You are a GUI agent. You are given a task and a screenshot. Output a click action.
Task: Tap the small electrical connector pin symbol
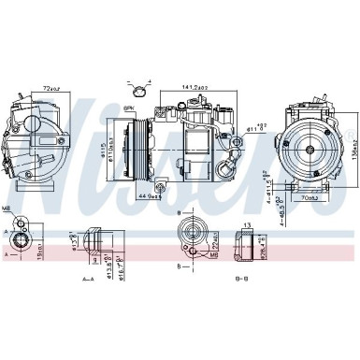[x=140, y=91]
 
